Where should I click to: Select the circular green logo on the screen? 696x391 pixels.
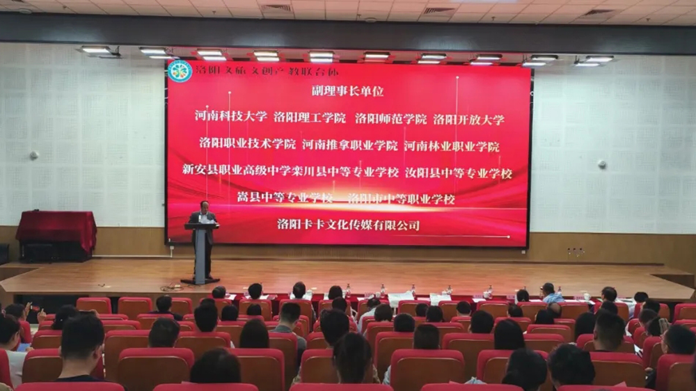(180, 70)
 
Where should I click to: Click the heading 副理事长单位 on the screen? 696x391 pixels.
(348, 91)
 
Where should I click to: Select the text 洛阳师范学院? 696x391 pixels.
(390, 118)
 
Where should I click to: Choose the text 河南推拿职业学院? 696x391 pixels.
(350, 145)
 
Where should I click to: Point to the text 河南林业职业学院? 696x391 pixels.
(452, 146)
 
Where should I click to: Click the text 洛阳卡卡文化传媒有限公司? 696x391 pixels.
(349, 225)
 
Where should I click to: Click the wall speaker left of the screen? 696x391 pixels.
(33, 155)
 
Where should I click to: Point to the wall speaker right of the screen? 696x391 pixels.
(601, 165)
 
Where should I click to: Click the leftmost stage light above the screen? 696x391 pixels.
(97, 51)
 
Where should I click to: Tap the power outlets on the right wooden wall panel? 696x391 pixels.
(575, 251)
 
